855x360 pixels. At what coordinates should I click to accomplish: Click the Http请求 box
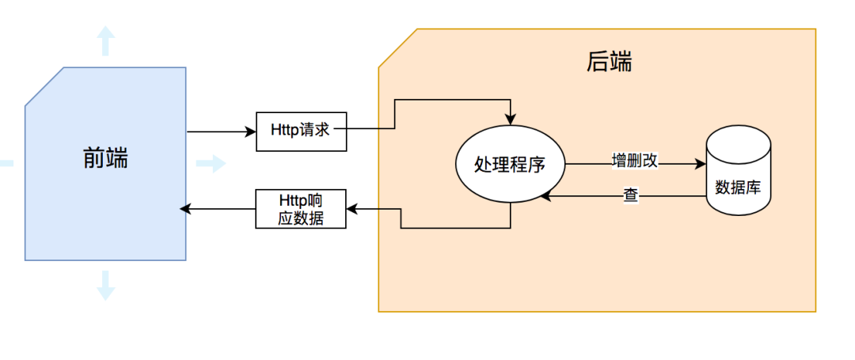(x=301, y=131)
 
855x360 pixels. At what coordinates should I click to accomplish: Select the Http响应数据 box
(x=301, y=209)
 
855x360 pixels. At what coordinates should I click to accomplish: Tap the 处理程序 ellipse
(x=511, y=165)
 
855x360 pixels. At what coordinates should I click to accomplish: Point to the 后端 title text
(x=610, y=62)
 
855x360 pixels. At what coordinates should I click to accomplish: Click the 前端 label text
(x=105, y=159)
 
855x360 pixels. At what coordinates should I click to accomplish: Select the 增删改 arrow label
(x=634, y=161)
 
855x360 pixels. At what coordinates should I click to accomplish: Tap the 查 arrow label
(x=630, y=195)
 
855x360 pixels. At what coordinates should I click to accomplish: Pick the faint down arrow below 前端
(x=105, y=286)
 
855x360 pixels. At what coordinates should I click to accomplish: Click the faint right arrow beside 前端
(x=211, y=164)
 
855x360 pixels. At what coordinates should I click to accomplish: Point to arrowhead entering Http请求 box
(x=252, y=131)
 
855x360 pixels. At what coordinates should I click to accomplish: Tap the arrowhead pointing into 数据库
(x=701, y=165)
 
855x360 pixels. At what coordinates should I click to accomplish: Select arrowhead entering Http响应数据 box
(x=352, y=209)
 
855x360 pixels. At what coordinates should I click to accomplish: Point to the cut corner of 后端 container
(x=397, y=48)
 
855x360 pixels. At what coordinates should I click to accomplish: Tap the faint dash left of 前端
(x=6, y=164)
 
